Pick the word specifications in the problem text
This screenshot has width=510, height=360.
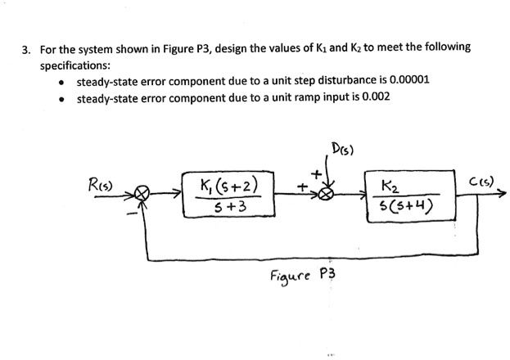coord(76,64)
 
